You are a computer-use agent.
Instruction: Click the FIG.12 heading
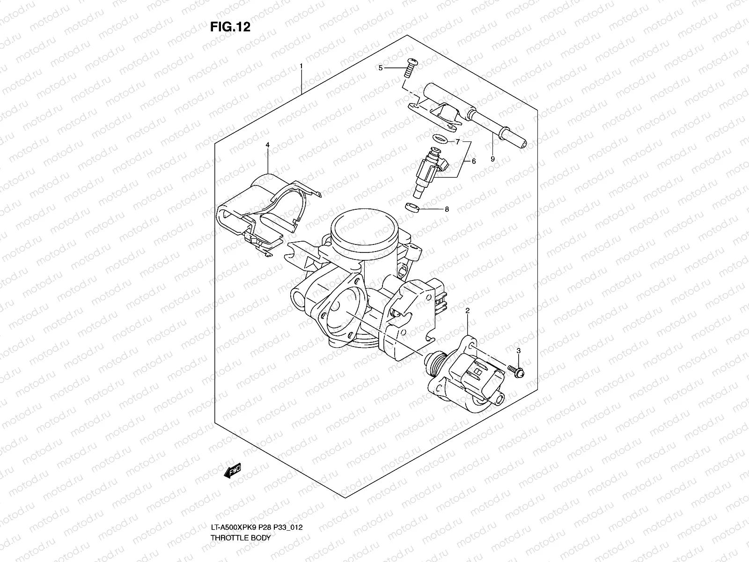coord(230,27)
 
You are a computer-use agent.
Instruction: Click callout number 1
coord(301,66)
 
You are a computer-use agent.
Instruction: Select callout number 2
coord(467,311)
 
